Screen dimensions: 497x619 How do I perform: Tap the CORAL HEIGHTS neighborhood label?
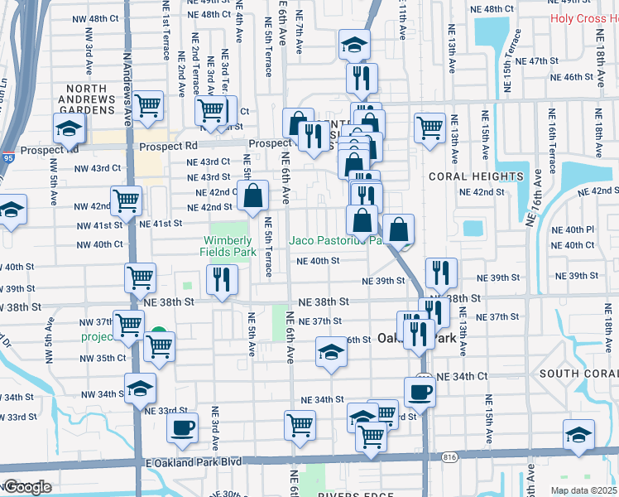(476, 176)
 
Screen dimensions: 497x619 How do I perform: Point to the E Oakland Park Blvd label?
(193, 461)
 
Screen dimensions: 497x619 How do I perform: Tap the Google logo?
(27, 487)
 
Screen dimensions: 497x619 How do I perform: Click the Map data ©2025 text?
(583, 490)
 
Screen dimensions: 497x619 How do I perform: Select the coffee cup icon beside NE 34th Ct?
(420, 392)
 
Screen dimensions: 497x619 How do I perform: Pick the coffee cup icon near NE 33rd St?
(182, 427)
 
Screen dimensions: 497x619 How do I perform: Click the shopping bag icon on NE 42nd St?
(254, 196)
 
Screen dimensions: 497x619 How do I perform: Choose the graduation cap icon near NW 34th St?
(141, 387)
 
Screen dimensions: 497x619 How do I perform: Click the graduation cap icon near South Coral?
(578, 434)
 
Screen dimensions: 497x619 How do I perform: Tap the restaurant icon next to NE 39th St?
(441, 272)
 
